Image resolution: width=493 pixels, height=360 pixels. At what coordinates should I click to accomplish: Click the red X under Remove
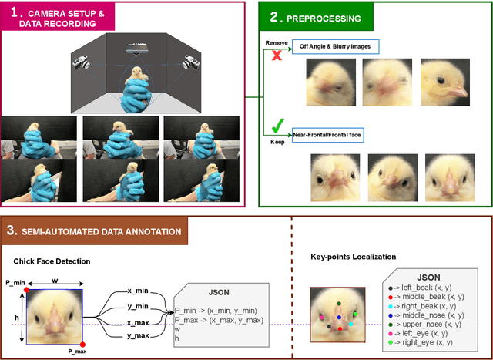click(274, 57)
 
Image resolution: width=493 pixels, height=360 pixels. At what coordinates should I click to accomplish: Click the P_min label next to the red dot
click(15, 283)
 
